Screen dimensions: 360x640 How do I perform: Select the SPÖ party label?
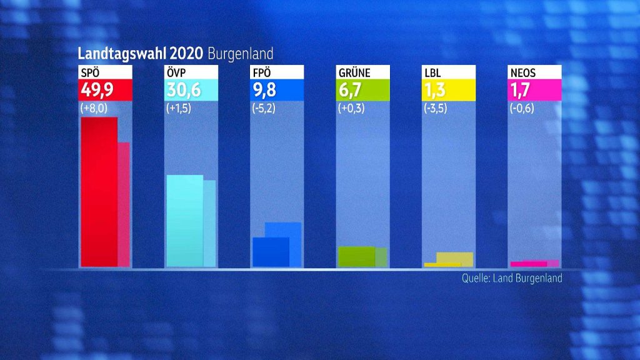(x=91, y=72)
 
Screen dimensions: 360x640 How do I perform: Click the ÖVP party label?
(x=176, y=72)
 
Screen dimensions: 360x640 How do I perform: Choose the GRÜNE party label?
(x=354, y=72)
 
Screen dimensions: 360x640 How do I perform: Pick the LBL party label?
(x=432, y=72)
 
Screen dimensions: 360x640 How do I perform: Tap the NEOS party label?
(x=524, y=72)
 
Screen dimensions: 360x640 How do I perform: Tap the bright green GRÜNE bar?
(x=356, y=257)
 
